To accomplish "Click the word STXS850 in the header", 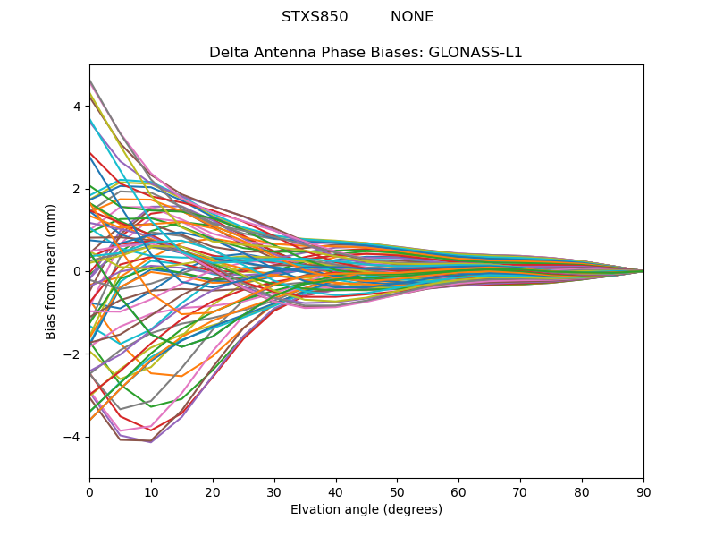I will (315, 17).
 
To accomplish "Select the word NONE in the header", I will (412, 17).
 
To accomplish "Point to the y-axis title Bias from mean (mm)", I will (52, 271).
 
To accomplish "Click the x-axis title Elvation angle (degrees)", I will (366, 510).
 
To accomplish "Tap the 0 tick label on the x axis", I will (89, 491).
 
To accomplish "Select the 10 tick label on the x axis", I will (151, 491).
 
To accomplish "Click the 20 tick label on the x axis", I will (213, 491).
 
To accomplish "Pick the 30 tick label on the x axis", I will (274, 491).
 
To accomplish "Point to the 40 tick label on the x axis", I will (336, 491).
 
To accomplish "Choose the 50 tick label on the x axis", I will (397, 491).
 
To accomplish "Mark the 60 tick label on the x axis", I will (458, 491).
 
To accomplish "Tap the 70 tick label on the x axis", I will (520, 491).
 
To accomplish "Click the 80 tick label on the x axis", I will (582, 491).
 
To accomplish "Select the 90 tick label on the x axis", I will (643, 491).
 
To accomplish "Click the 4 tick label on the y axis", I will (78, 107).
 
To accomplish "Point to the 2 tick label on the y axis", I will (78, 189).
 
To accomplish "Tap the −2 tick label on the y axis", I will (74, 354).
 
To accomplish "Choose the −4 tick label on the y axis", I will (74, 437).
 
